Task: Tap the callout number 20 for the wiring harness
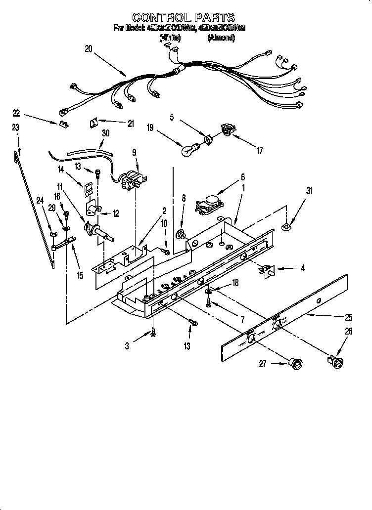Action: tap(89, 48)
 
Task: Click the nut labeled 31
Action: tap(286, 227)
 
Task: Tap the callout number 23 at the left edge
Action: tap(15, 127)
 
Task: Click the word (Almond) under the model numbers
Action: tap(221, 37)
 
